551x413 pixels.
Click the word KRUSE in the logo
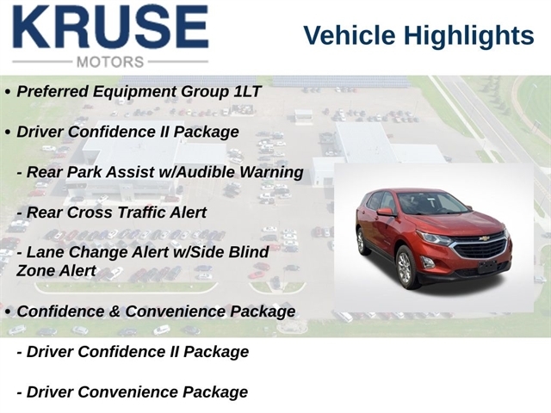tap(110, 27)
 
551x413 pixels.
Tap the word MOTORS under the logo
tap(110, 62)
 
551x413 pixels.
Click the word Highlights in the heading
tap(468, 35)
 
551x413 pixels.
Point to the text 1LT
tap(247, 91)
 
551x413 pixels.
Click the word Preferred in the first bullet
tap(53, 91)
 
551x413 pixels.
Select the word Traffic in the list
tap(140, 213)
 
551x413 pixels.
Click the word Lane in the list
tap(43, 252)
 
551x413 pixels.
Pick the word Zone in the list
tap(32, 271)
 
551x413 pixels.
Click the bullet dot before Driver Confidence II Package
tap(8, 133)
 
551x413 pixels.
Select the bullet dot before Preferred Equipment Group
tap(8, 92)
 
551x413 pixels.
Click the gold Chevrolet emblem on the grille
tap(484, 239)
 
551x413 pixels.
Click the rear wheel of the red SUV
tap(362, 241)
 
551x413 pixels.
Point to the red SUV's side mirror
tap(386, 213)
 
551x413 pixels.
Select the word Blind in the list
tap(249, 252)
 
